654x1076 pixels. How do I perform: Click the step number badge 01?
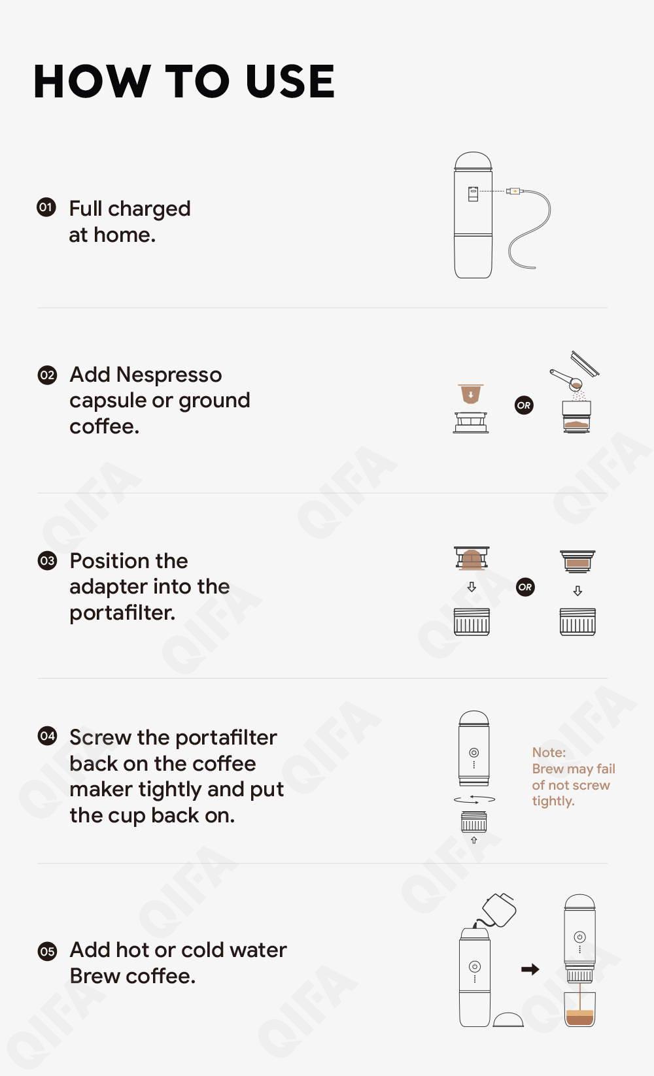tap(46, 207)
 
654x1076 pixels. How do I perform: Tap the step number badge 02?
tap(47, 375)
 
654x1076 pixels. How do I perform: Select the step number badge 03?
tap(47, 561)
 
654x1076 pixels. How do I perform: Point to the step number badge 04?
tap(47, 736)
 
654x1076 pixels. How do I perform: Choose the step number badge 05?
tap(47, 950)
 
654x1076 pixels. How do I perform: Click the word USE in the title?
tap(290, 82)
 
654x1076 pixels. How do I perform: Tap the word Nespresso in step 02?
tap(169, 375)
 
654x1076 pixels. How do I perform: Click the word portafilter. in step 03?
tap(122, 613)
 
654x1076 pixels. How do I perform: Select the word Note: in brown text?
tap(549, 752)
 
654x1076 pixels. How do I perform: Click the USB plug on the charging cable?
tap(514, 191)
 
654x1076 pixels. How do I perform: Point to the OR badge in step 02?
tap(524, 405)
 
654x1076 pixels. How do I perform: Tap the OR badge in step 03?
tap(525, 587)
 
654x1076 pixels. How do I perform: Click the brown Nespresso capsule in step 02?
tap(471, 394)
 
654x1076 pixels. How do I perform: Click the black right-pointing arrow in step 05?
tap(530, 969)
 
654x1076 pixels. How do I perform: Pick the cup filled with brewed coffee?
tap(580, 1009)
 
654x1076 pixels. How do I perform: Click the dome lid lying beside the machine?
tap(508, 1019)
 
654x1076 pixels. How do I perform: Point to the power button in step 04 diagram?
tap(473, 752)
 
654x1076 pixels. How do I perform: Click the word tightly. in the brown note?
tap(553, 801)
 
